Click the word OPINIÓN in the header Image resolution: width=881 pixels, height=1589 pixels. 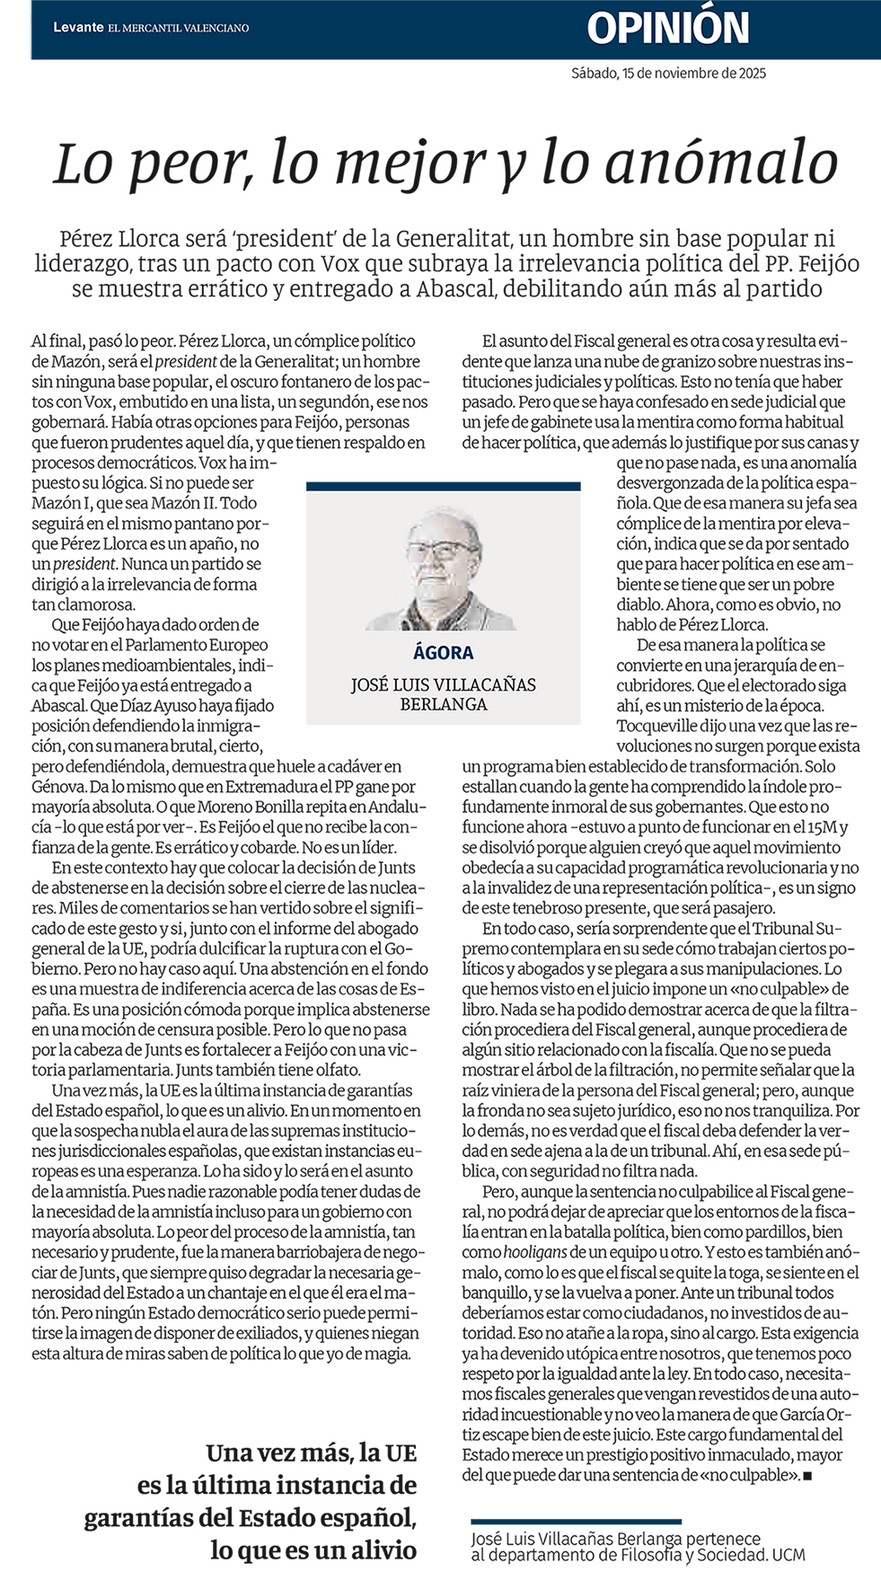668,28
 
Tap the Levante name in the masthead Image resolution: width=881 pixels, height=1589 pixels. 78,28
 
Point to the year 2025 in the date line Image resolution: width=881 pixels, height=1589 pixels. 751,74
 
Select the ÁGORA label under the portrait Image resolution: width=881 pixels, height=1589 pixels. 444,653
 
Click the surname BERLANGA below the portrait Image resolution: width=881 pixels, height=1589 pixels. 444,704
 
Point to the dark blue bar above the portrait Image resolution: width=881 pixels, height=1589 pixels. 444,486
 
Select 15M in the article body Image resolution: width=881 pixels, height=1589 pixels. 823,827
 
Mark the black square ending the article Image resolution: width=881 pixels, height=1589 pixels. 807,1475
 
